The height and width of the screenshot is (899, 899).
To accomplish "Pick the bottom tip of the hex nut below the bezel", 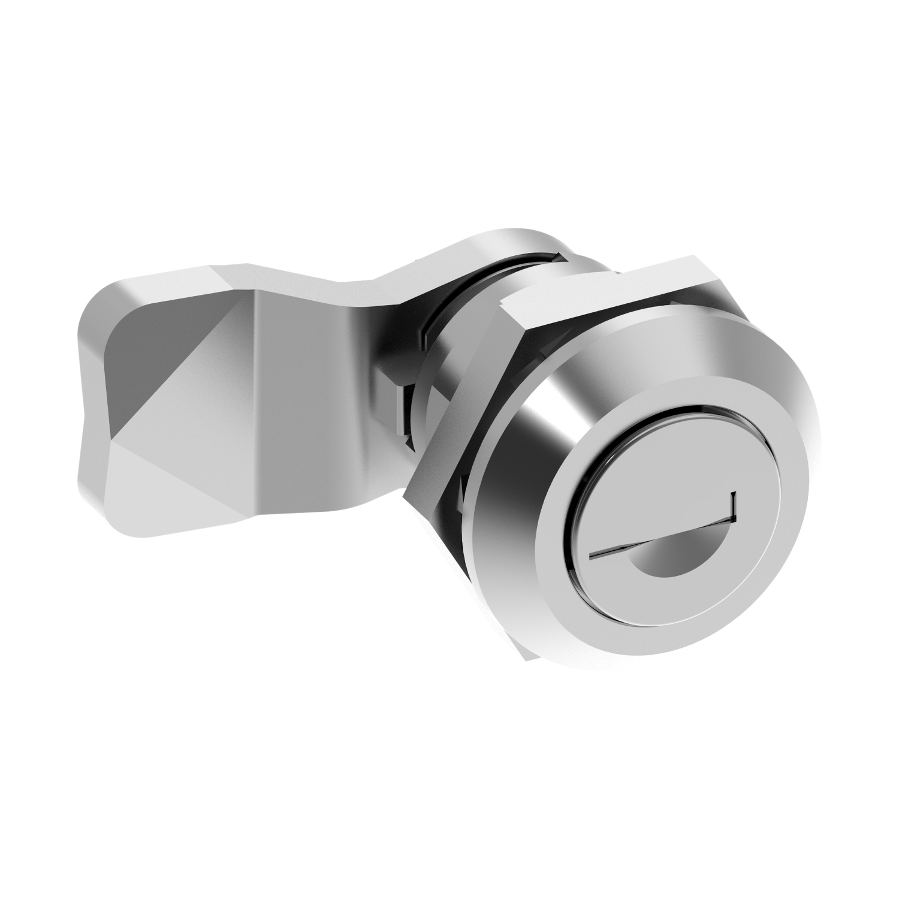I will click(x=527, y=656).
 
